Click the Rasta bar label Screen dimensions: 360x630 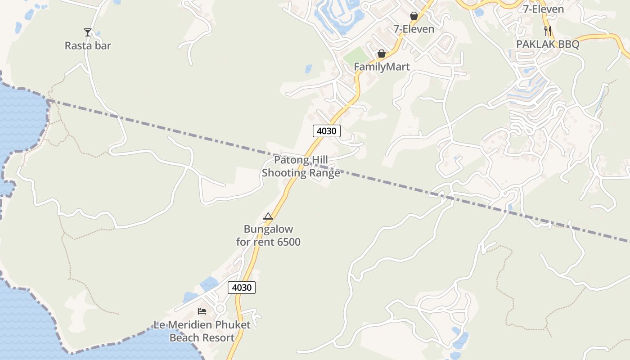[88, 45]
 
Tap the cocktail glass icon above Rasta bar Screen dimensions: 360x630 [88, 32]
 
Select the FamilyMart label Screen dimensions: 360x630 [382, 67]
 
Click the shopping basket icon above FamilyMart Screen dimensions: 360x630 [382, 54]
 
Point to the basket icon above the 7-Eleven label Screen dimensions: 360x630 [414, 16]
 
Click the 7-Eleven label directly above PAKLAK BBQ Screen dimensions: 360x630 [543, 9]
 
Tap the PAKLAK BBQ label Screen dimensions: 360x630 [547, 44]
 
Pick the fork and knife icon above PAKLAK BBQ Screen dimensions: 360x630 [547, 31]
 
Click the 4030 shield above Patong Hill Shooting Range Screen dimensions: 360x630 [327, 131]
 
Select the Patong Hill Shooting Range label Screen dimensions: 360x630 [301, 166]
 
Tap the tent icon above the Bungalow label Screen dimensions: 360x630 [268, 216]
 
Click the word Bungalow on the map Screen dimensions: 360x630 [268, 229]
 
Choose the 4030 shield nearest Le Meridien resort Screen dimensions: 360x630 [242, 287]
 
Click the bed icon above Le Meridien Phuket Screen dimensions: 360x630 [202, 311]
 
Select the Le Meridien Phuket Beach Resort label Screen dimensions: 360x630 [202, 331]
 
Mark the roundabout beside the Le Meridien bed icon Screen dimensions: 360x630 [220, 309]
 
